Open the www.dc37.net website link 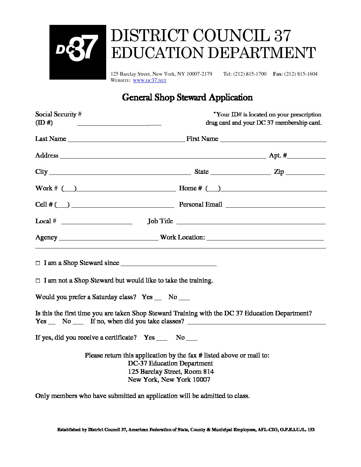(x=149, y=81)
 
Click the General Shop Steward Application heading (x=187, y=97)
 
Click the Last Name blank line (x=126, y=141)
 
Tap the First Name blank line (x=273, y=141)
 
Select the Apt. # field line (x=306, y=157)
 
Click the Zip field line (x=305, y=173)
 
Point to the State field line (x=241, y=173)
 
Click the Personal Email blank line (x=275, y=206)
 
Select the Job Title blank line (x=251, y=223)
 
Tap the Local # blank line (x=97, y=223)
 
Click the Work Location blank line (x=265, y=239)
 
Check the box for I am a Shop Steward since (x=37, y=263)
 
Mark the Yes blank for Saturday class (x=158, y=299)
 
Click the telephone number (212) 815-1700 (x=250, y=74)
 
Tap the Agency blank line (x=108, y=239)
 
